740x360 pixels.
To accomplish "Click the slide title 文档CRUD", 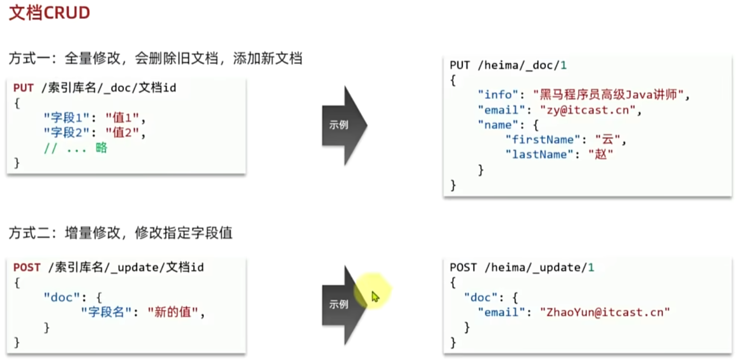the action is click(x=49, y=13).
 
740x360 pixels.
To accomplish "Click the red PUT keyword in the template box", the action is click(x=23, y=87).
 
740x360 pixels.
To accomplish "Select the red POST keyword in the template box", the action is click(x=27, y=267).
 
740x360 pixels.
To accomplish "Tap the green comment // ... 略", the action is click(x=76, y=148).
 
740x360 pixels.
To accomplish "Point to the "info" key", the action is click(x=498, y=94).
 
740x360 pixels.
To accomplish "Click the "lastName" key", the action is click(x=540, y=155).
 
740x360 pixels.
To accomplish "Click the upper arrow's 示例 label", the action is click(x=339, y=125).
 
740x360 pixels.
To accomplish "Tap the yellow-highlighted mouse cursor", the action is click(x=375, y=297).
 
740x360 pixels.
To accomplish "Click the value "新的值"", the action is click(x=176, y=313).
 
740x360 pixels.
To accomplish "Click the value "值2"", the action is click(x=128, y=133).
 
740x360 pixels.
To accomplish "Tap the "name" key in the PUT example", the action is click(x=498, y=125).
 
